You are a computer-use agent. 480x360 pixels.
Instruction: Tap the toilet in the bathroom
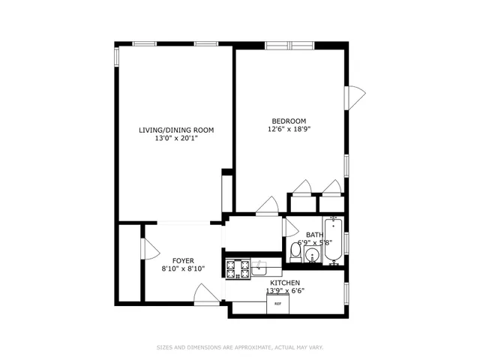[x=296, y=255]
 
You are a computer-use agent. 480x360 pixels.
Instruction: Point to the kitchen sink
[x=260, y=266]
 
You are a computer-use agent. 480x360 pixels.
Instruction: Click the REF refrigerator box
[x=277, y=303]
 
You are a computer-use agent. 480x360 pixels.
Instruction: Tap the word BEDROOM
[x=289, y=121]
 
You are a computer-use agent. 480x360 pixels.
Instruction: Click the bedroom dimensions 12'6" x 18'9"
[x=289, y=129]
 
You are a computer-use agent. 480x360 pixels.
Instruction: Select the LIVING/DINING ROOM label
[x=176, y=130]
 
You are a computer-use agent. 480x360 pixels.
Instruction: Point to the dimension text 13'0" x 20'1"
[x=176, y=138]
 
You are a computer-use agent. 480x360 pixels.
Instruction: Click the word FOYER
[x=173, y=260]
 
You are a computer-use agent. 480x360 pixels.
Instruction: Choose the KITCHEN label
[x=285, y=283]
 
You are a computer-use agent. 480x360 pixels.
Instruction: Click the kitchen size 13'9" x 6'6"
[x=285, y=291]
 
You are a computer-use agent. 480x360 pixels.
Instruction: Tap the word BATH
[x=314, y=235]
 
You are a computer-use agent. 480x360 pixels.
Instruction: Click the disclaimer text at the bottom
[x=239, y=346]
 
